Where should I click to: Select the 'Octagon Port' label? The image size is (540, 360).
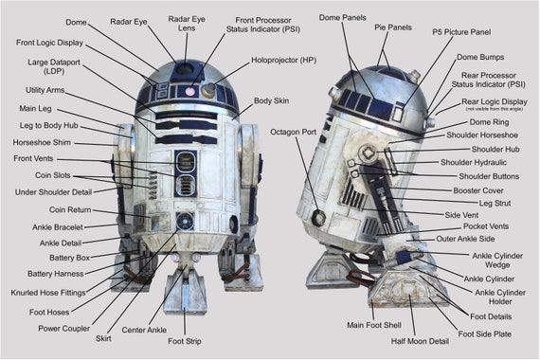pos(293,131)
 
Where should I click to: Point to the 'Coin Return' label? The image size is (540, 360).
pos(71,208)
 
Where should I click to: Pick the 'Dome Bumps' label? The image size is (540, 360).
pos(480,58)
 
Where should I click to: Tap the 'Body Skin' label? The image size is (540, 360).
pos(272,99)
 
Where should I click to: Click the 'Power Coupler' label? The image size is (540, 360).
pos(63,329)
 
